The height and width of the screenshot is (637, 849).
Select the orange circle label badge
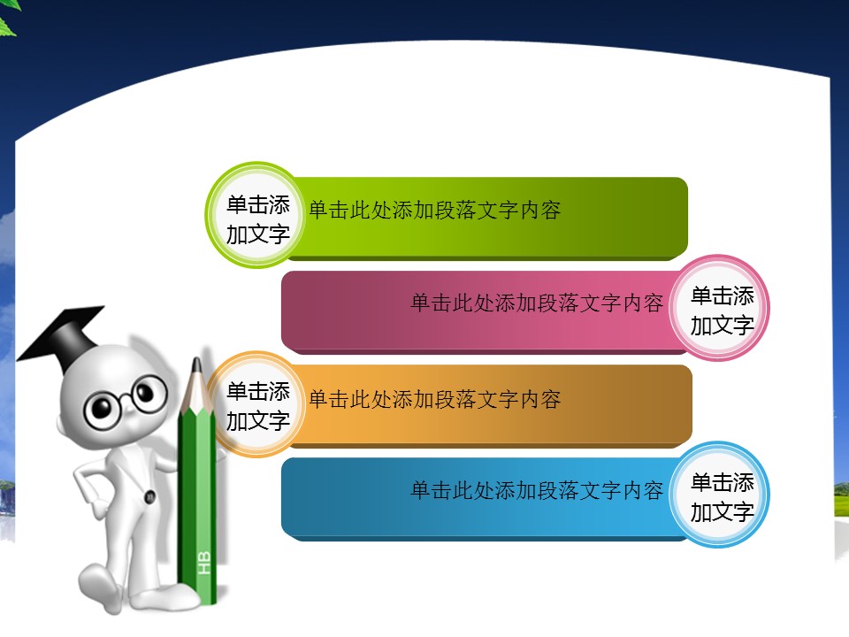pos(256,404)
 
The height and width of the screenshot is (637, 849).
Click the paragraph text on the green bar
pos(434,211)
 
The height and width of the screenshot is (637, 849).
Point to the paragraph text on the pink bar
pos(537,303)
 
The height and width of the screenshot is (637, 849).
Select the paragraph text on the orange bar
pos(434,400)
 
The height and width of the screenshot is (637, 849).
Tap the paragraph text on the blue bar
pos(537,490)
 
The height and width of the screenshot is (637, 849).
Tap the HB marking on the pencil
pos(204,563)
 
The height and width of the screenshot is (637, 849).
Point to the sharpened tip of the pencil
pos(196,362)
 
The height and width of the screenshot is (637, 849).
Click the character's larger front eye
pos(102,409)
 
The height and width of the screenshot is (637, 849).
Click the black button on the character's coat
pos(150,496)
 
